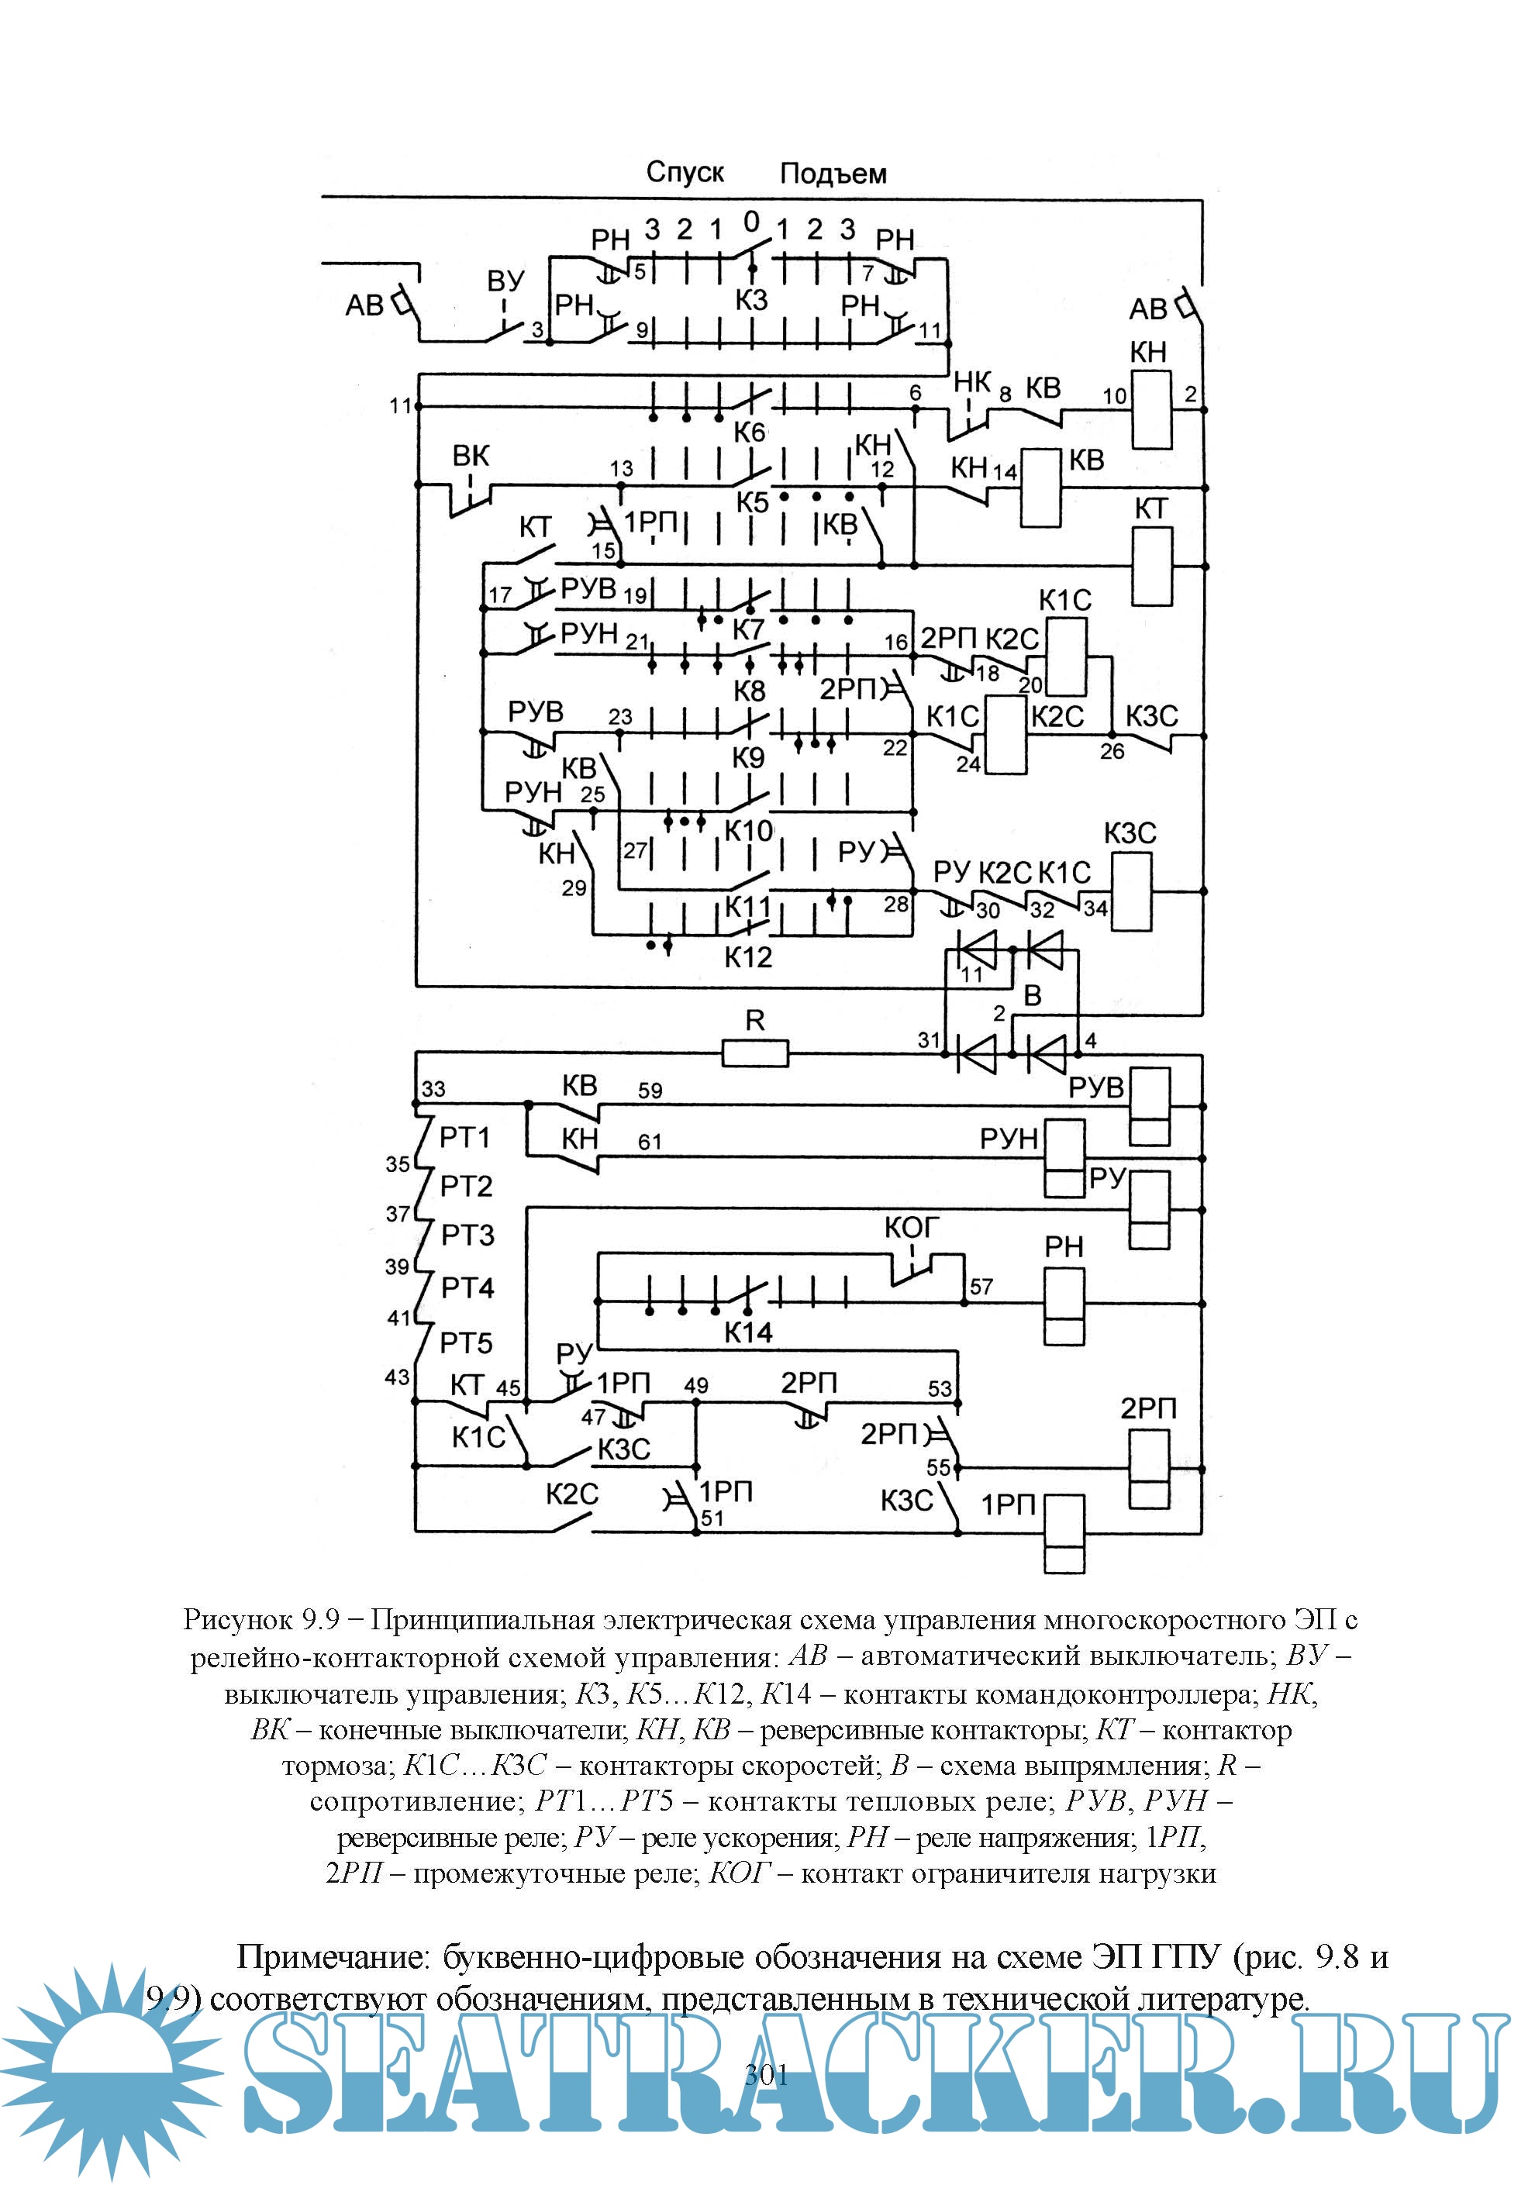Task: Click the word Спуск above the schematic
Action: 685,172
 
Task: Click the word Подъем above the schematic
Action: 833,174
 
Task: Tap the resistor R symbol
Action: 754,1053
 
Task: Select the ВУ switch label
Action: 505,281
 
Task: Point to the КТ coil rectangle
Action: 1151,567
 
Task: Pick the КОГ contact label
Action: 912,1229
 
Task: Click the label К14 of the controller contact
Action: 748,1332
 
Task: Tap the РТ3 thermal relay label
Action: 467,1236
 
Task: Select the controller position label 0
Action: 752,222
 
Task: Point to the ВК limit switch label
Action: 470,456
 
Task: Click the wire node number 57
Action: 981,1287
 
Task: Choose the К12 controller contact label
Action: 748,957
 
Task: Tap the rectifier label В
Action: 1033,995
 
